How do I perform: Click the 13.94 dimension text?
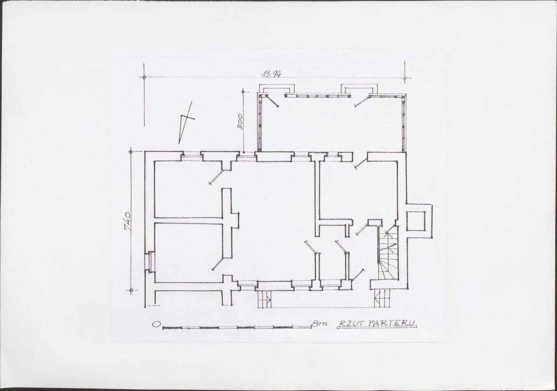[x=271, y=73]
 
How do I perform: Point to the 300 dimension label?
[x=240, y=121]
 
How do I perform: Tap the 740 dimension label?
[x=128, y=222]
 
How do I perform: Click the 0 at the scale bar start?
[x=156, y=324]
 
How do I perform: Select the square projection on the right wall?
[x=419, y=221]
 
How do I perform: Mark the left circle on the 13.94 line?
[x=144, y=78]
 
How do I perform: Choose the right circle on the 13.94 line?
[x=405, y=79]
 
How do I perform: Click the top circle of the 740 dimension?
[x=131, y=152]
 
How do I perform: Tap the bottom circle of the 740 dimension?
[x=131, y=291]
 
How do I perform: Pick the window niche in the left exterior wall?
[x=151, y=262]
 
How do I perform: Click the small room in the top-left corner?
[x=188, y=189]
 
